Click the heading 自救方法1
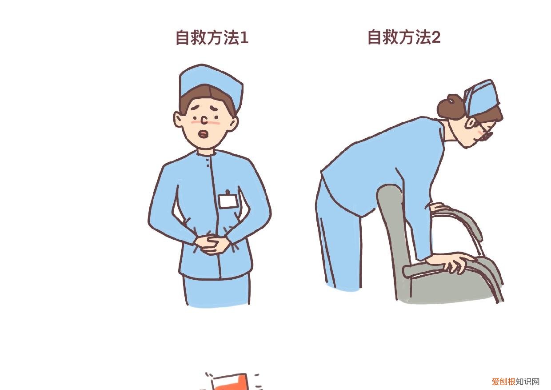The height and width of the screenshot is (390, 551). click(212, 38)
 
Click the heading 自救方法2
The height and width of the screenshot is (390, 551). click(403, 37)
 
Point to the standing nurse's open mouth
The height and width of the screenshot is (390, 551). click(204, 133)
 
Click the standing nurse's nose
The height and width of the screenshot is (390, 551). click(204, 119)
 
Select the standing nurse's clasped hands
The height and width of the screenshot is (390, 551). click(212, 244)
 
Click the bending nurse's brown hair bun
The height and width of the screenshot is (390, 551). click(449, 106)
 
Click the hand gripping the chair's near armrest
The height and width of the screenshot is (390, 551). click(453, 261)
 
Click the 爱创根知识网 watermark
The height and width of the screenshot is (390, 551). click(515, 382)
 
